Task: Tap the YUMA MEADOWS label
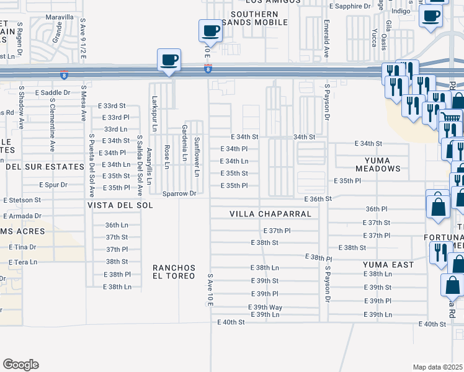click(x=378, y=164)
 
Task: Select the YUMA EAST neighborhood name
click(x=388, y=265)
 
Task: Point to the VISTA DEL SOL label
click(x=120, y=205)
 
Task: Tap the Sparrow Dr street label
click(x=179, y=193)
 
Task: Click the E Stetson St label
click(x=22, y=200)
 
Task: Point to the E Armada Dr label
click(x=22, y=216)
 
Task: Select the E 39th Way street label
click(x=265, y=308)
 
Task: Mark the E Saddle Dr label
click(x=54, y=92)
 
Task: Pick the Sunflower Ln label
click(x=197, y=156)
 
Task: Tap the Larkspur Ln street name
click(x=154, y=112)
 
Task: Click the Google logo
click(x=20, y=365)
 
